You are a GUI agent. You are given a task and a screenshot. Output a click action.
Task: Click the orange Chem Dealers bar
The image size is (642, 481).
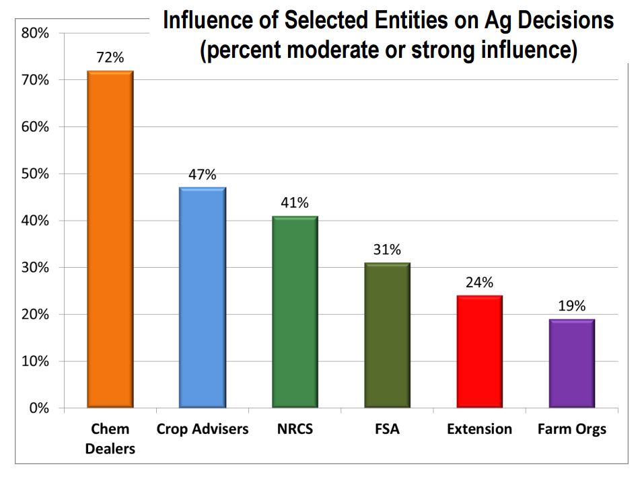(x=110, y=239)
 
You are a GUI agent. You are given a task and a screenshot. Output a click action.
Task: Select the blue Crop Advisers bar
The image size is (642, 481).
(x=202, y=297)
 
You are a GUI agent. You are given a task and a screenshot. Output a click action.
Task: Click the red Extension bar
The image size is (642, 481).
(x=479, y=351)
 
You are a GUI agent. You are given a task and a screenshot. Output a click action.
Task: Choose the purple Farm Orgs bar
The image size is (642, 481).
(x=571, y=363)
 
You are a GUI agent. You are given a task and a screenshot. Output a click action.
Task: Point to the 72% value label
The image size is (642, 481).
(x=110, y=58)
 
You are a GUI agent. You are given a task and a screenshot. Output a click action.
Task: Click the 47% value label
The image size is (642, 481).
(x=202, y=175)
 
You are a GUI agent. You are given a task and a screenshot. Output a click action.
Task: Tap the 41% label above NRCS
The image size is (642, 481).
(x=295, y=203)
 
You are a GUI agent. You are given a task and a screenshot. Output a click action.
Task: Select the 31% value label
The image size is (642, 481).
(x=387, y=250)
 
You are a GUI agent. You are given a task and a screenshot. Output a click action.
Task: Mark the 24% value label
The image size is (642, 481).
(x=479, y=283)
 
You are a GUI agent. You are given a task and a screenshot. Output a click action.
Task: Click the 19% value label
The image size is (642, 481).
(x=571, y=306)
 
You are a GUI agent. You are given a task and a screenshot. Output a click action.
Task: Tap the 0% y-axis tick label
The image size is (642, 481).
(x=38, y=408)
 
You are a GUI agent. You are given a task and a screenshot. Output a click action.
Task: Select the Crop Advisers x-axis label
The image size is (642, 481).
(x=202, y=429)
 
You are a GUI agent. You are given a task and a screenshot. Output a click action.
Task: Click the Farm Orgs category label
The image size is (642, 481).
(x=571, y=429)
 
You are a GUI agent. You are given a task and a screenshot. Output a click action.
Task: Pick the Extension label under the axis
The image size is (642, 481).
(x=479, y=429)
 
